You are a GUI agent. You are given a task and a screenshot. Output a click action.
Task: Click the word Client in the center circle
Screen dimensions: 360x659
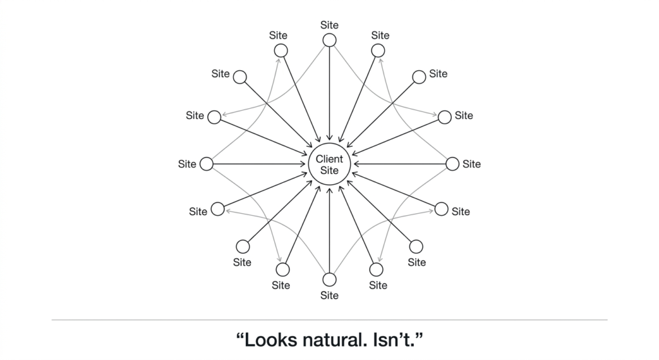tap(329, 158)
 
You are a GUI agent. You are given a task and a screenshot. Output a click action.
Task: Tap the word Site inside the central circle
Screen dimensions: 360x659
tap(329, 170)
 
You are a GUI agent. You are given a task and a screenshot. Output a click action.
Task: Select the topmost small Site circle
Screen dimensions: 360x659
tap(329, 40)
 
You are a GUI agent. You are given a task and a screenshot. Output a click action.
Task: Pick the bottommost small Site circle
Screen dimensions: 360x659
tap(329, 279)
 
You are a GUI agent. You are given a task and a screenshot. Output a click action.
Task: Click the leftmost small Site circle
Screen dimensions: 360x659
tap(206, 164)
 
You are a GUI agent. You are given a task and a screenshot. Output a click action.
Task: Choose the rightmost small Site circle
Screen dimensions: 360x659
tap(452, 164)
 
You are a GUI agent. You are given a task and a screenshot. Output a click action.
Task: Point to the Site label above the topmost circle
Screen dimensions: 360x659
tap(329, 25)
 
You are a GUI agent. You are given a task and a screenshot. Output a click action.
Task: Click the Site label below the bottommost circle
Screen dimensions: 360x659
tap(329, 296)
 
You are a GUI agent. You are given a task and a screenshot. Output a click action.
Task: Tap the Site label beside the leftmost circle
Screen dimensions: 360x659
tap(187, 164)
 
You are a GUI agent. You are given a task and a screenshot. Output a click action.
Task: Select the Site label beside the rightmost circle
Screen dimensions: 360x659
tap(472, 164)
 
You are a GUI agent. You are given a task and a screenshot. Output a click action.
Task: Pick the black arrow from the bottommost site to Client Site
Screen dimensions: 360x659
tap(329, 232)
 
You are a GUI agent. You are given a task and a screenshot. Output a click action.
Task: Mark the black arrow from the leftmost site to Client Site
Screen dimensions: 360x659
tap(257, 164)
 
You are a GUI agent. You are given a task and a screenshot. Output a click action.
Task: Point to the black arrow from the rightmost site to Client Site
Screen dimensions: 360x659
tap(402, 164)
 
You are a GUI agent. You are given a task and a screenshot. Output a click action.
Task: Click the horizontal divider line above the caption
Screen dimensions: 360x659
tap(329, 319)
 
